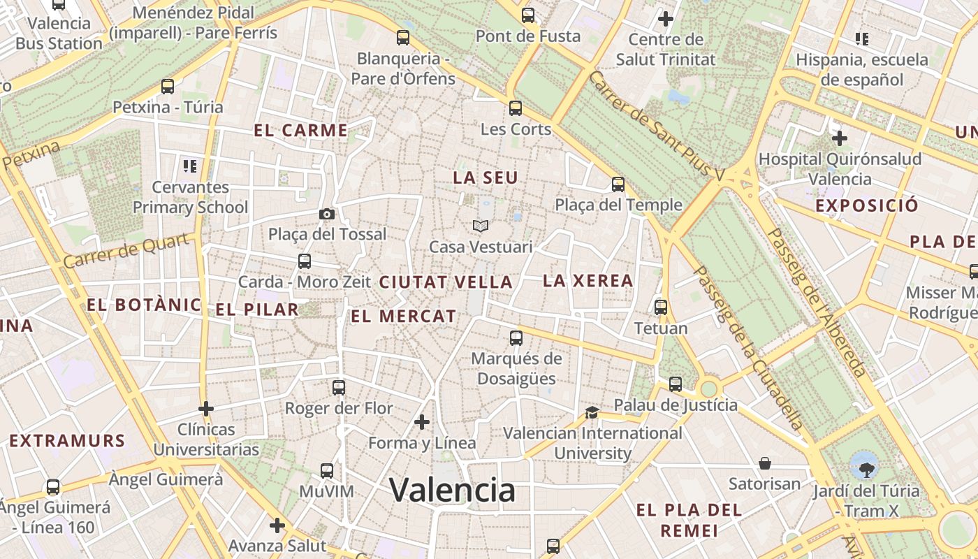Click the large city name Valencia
[x=452, y=490]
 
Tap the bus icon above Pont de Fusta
[x=528, y=15]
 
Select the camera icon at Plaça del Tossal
[x=326, y=214]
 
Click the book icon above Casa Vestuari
[x=480, y=226]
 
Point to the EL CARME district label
[x=300, y=130]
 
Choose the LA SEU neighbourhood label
[x=486, y=177]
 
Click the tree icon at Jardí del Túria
[x=865, y=465]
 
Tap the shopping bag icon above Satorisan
[x=765, y=463]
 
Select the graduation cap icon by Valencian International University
[x=592, y=412]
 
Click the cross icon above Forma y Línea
[x=421, y=422]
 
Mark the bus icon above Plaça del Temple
[x=618, y=184]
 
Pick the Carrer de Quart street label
[x=127, y=251]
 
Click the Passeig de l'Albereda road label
[x=816, y=302]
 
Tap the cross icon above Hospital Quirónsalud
[x=839, y=138]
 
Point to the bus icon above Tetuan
[x=660, y=307]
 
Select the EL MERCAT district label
[x=403, y=316]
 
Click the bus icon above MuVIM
[x=326, y=471]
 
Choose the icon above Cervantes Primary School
[x=190, y=166]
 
